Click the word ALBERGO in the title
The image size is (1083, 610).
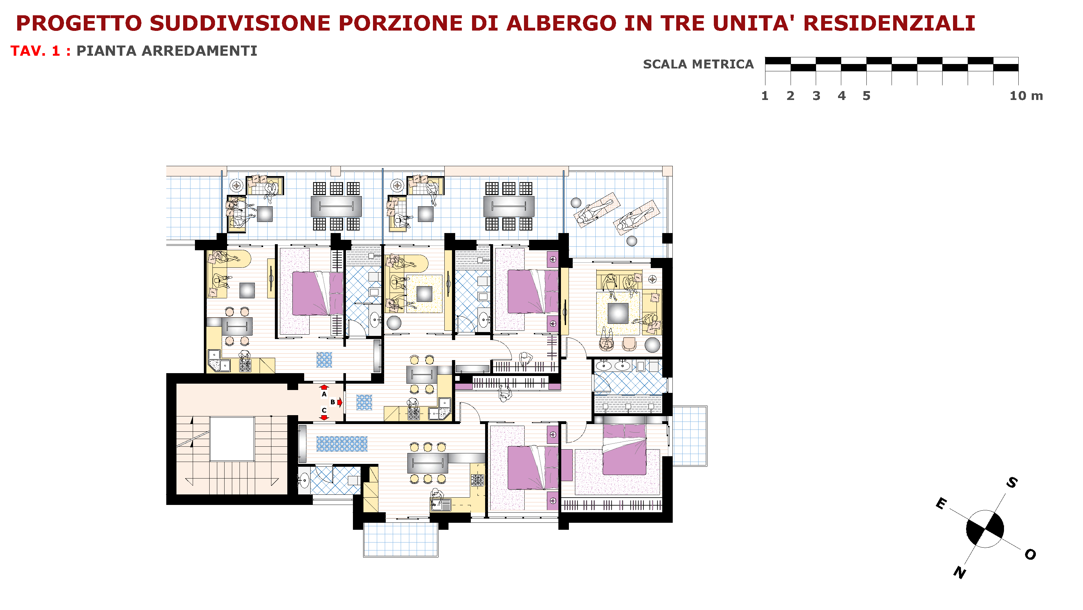click(561, 23)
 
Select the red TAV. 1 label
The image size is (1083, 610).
click(35, 51)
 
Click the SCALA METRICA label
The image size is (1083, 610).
click(698, 64)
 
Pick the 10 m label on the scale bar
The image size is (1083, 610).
click(1026, 96)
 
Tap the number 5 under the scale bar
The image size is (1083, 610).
click(866, 96)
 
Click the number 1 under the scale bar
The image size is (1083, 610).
click(765, 96)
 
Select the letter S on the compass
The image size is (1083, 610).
click(1012, 483)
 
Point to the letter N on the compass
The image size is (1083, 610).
click(960, 572)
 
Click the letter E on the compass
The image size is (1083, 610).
click(941, 503)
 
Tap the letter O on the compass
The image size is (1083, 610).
click(1030, 555)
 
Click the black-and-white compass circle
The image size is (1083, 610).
click(985, 529)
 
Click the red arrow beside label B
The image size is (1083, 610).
click(340, 402)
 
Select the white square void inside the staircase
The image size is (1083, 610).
click(232, 439)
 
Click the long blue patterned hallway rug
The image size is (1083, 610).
click(342, 443)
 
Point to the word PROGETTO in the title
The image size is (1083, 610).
click(79, 23)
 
